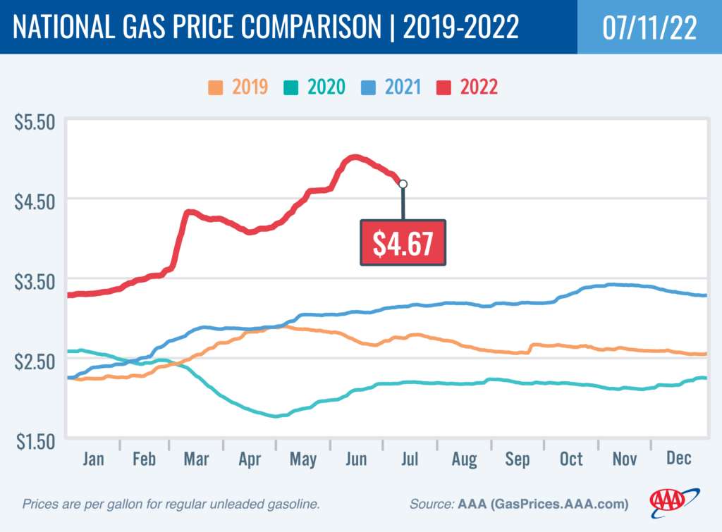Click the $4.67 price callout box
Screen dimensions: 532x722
click(x=403, y=243)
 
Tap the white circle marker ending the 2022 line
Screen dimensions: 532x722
click(x=403, y=184)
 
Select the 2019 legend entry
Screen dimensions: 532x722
click(x=238, y=87)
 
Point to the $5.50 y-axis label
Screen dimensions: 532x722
click(x=35, y=122)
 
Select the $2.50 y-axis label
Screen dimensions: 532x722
click(x=35, y=361)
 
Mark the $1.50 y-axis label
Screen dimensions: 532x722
click(x=35, y=442)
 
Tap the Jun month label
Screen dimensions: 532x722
click(x=356, y=459)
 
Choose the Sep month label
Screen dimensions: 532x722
click(x=517, y=459)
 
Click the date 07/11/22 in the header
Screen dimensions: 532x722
click(x=649, y=27)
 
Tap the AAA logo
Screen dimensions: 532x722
click(x=674, y=500)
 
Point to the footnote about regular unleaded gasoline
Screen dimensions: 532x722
click(x=171, y=505)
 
